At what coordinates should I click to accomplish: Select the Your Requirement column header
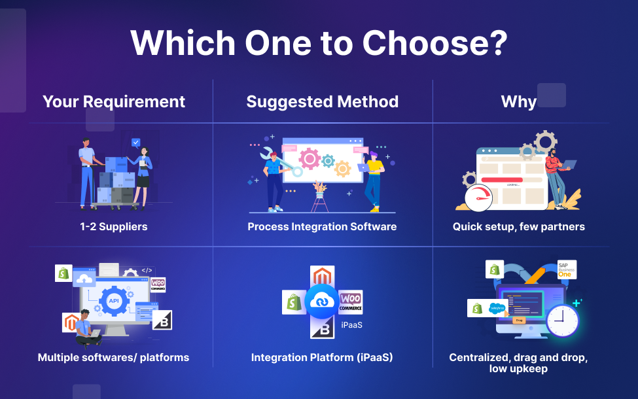[114, 101]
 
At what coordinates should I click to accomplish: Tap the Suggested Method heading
[322, 101]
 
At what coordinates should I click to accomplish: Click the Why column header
[518, 101]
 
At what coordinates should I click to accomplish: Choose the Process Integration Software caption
[322, 227]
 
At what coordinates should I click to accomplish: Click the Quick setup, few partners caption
[519, 227]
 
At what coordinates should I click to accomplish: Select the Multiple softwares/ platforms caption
[113, 358]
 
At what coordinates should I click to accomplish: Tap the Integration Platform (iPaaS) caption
[322, 358]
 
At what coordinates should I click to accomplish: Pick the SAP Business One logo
[566, 269]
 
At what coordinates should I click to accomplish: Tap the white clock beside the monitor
[562, 321]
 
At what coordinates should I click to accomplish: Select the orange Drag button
[519, 320]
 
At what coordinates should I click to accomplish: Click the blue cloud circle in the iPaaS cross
[322, 301]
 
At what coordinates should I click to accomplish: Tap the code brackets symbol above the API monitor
[147, 270]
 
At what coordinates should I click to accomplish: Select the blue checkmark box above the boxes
[136, 142]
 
